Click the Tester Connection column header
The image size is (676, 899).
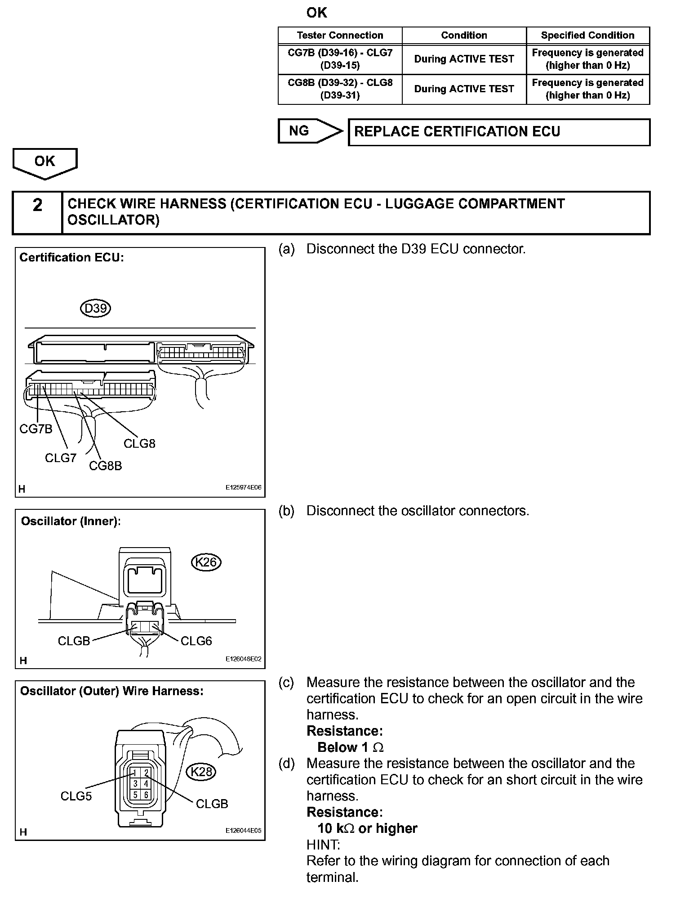tap(340, 36)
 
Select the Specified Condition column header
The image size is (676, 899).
tap(587, 36)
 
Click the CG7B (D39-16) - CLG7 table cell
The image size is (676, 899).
tap(340, 59)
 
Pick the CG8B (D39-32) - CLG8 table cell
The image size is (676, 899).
tap(340, 89)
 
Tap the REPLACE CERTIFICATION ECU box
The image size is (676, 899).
tap(499, 132)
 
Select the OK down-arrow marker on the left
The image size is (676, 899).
tap(45, 162)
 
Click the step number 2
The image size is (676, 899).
tap(38, 205)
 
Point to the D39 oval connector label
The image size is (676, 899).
tap(95, 309)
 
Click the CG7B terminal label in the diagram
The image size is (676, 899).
tap(36, 429)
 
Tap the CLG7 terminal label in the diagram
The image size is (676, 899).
tap(61, 458)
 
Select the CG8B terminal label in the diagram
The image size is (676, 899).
tap(105, 466)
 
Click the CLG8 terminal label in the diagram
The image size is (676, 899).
tap(139, 444)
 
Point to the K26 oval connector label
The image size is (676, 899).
tap(206, 562)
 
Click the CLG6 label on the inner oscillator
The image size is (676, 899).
tap(196, 641)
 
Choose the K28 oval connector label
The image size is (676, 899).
tap(201, 772)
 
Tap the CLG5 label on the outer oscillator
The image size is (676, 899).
tap(76, 796)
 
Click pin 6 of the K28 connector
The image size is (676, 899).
tap(146, 795)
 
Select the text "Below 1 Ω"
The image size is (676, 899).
tap(350, 747)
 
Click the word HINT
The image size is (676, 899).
tap(323, 845)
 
